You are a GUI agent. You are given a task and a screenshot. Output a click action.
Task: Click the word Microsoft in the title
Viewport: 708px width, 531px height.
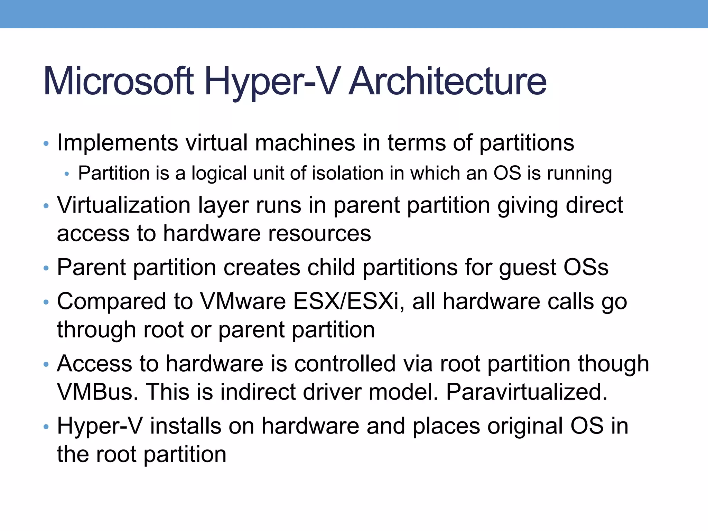click(118, 82)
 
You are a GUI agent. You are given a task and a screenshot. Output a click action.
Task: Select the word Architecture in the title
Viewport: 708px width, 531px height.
click(448, 82)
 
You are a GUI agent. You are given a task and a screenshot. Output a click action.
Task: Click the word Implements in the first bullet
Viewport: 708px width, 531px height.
click(118, 143)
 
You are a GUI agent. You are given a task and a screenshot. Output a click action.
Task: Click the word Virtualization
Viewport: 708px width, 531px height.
click(124, 205)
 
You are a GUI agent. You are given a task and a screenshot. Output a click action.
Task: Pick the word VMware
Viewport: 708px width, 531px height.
click(243, 301)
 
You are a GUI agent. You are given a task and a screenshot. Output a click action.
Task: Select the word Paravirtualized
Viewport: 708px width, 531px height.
click(527, 392)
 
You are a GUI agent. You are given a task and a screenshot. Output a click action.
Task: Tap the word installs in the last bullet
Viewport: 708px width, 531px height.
click(186, 426)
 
